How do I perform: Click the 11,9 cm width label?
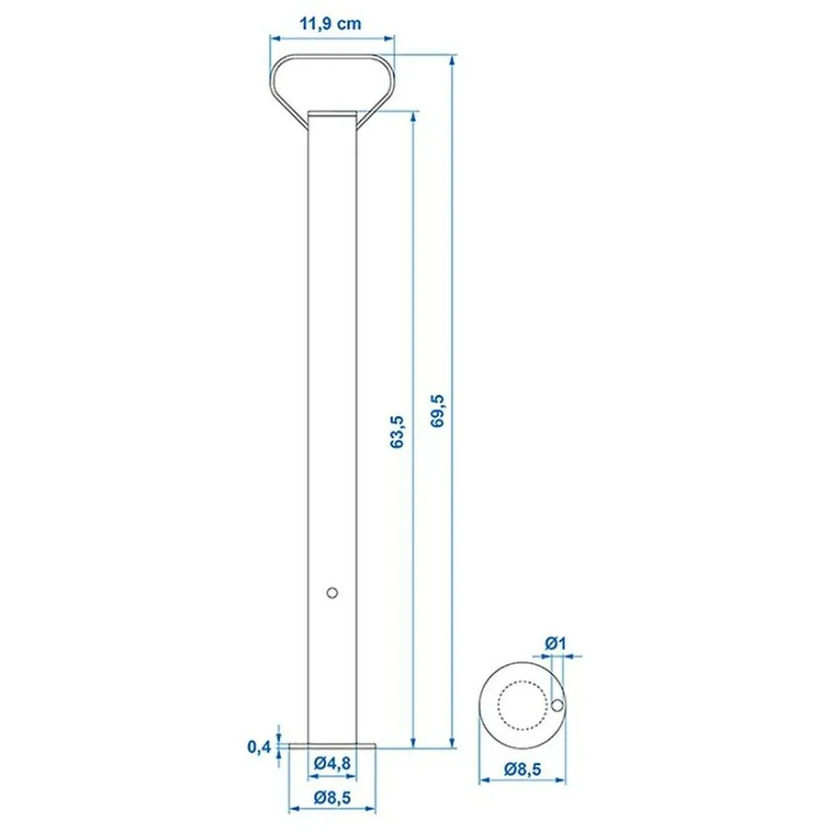click(331, 24)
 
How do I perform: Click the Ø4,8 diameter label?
click(331, 762)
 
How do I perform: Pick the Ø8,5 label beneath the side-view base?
click(331, 798)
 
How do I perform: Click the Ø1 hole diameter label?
click(556, 643)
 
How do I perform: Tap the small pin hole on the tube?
click(331, 592)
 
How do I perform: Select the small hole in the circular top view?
click(557, 706)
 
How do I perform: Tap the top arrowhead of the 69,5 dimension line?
click(452, 59)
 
